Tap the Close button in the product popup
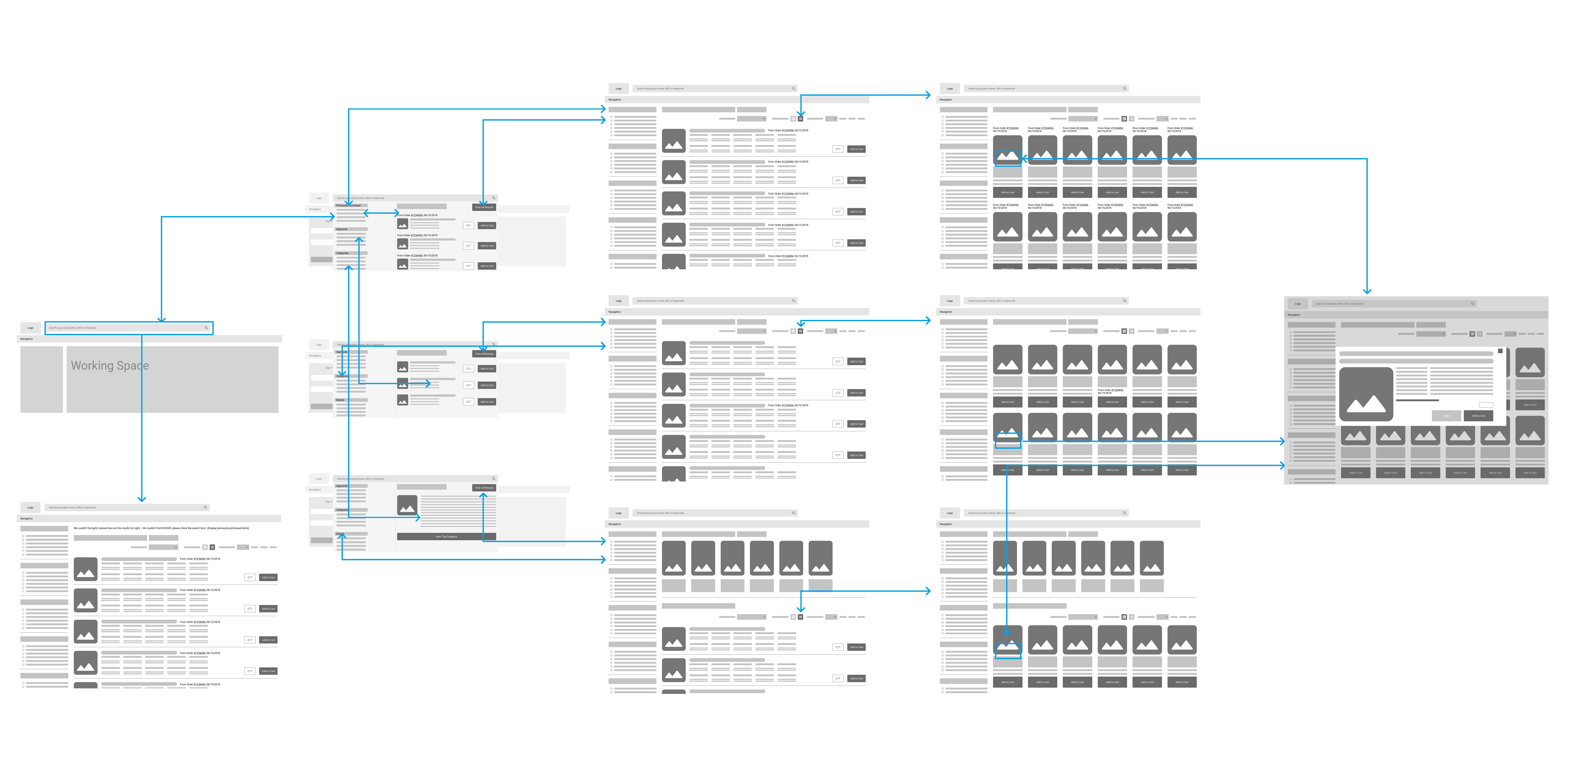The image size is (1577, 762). click(x=1446, y=416)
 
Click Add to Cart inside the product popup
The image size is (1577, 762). click(x=1478, y=416)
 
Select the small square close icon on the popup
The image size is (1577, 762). click(x=1500, y=351)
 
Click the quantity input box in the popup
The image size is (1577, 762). click(x=1486, y=405)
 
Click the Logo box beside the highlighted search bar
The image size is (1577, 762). click(x=31, y=328)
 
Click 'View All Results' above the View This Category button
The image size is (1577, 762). click(x=484, y=488)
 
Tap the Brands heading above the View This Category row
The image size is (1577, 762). click(x=340, y=534)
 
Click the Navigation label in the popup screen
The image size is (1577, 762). click(x=1294, y=315)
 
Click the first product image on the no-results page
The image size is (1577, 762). click(x=86, y=569)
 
